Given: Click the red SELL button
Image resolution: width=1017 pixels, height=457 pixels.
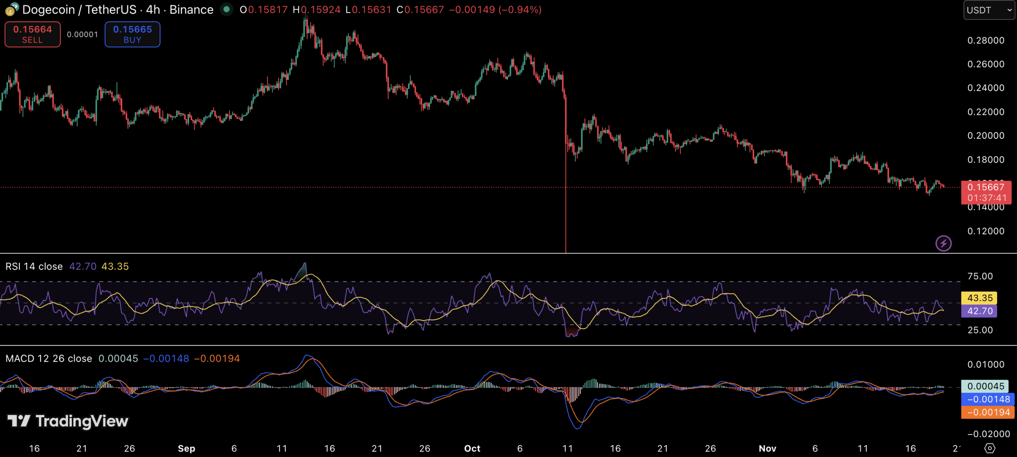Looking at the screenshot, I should (x=33, y=35).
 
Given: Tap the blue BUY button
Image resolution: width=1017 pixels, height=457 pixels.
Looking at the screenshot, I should (x=132, y=35).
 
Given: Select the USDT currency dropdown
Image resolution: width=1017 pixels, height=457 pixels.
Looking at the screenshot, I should (x=988, y=10).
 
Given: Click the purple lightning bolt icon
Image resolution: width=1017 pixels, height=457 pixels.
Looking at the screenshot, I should (x=943, y=243).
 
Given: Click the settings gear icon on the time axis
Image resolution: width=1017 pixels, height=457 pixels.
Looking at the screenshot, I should (x=990, y=448).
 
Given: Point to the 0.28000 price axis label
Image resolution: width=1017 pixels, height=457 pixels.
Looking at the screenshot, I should (x=986, y=41).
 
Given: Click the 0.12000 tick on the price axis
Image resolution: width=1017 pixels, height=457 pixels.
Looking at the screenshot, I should (x=986, y=231).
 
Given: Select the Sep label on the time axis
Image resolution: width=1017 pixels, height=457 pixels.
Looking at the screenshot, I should (x=186, y=449).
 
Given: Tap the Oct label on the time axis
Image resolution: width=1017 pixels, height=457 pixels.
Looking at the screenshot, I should (x=472, y=449).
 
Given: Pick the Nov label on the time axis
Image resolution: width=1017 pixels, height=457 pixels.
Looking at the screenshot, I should (x=767, y=449).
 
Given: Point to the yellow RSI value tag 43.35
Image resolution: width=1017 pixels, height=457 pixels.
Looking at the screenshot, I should (x=980, y=298).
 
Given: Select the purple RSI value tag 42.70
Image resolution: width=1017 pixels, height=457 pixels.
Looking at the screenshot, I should (x=980, y=311).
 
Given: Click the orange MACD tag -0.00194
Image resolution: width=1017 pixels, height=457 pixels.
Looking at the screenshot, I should (x=988, y=412).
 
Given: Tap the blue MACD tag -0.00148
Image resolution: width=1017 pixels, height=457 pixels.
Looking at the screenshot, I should (x=988, y=399).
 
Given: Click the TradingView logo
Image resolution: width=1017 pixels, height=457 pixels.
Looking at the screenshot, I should (x=68, y=421).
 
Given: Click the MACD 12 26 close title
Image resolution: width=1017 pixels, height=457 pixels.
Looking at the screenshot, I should (x=48, y=359).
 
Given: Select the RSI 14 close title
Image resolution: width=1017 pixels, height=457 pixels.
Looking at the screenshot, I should (x=34, y=267).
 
